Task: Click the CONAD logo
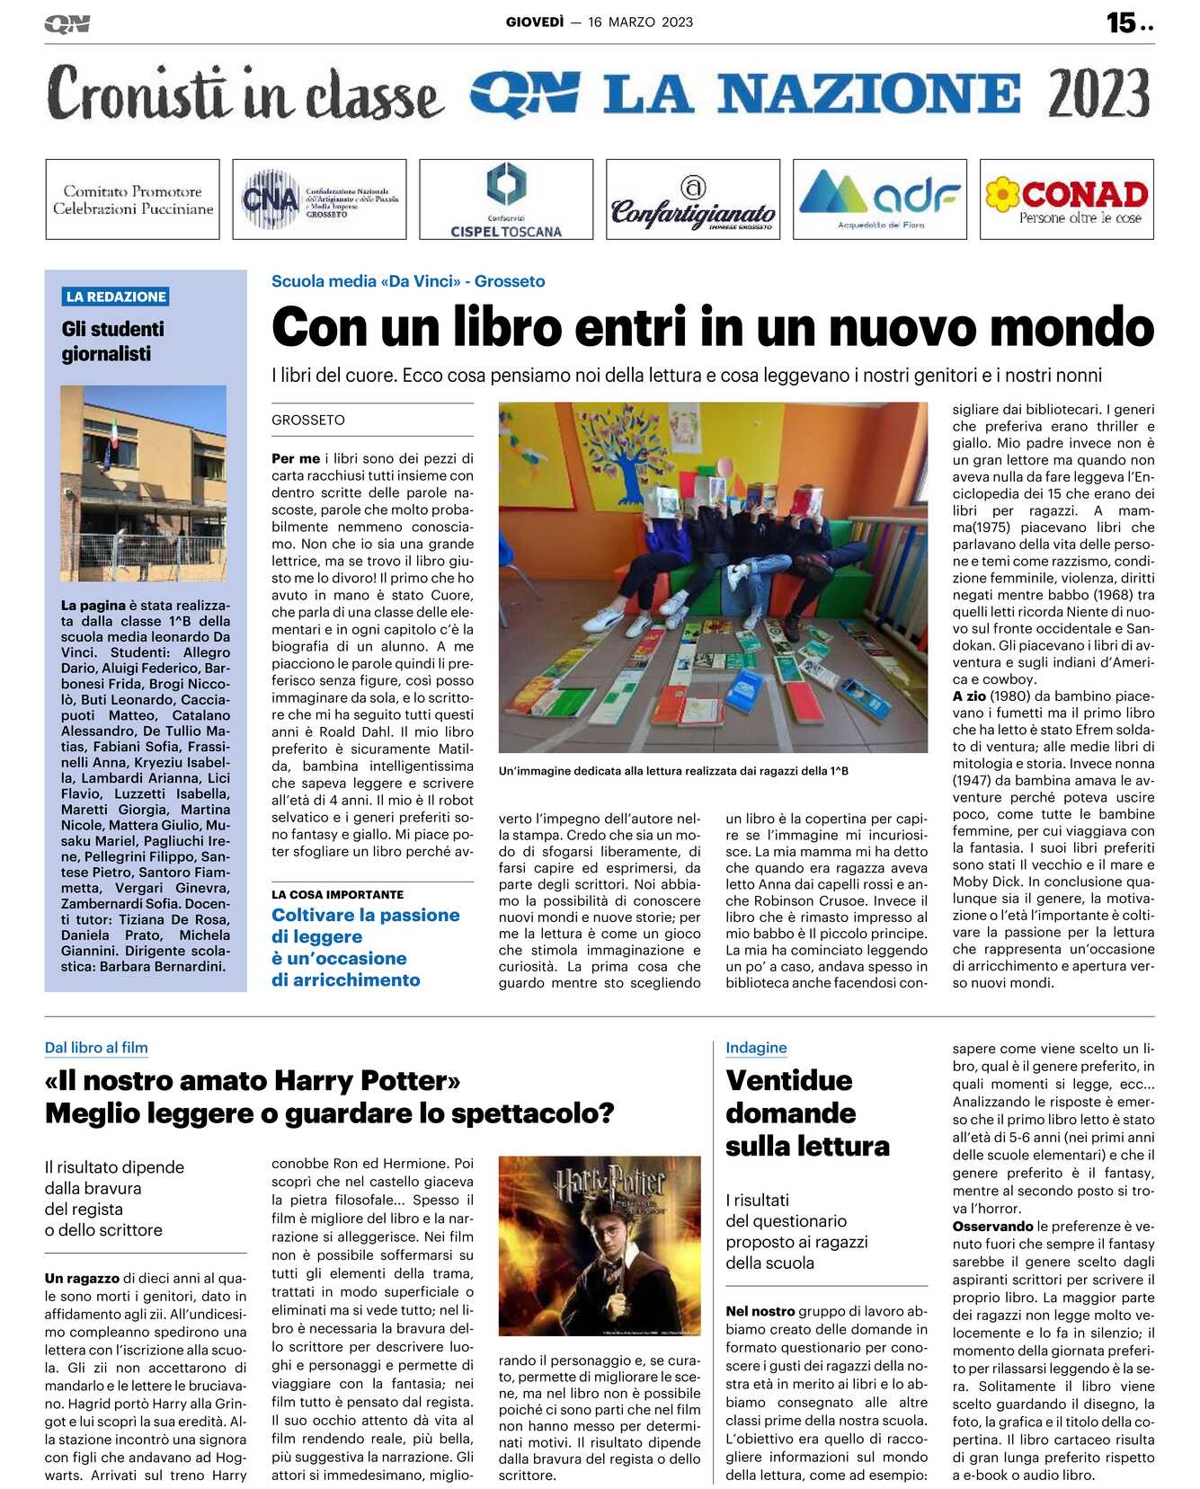(1066, 199)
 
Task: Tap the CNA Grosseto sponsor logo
(319, 199)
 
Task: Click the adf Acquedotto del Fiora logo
(879, 199)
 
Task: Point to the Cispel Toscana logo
(506, 199)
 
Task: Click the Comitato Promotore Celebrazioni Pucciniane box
(133, 199)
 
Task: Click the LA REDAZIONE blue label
(116, 297)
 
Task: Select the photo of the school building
(143, 483)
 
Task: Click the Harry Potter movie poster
(600, 1245)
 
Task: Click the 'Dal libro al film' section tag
(96, 1048)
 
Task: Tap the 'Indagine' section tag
(756, 1048)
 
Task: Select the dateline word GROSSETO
(308, 420)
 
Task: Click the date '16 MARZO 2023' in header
(640, 22)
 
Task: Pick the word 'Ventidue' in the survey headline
(788, 1080)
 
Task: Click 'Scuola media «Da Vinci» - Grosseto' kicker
(408, 281)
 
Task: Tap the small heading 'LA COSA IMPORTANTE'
(337, 894)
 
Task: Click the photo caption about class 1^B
(673, 771)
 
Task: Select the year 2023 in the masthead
(1098, 94)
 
